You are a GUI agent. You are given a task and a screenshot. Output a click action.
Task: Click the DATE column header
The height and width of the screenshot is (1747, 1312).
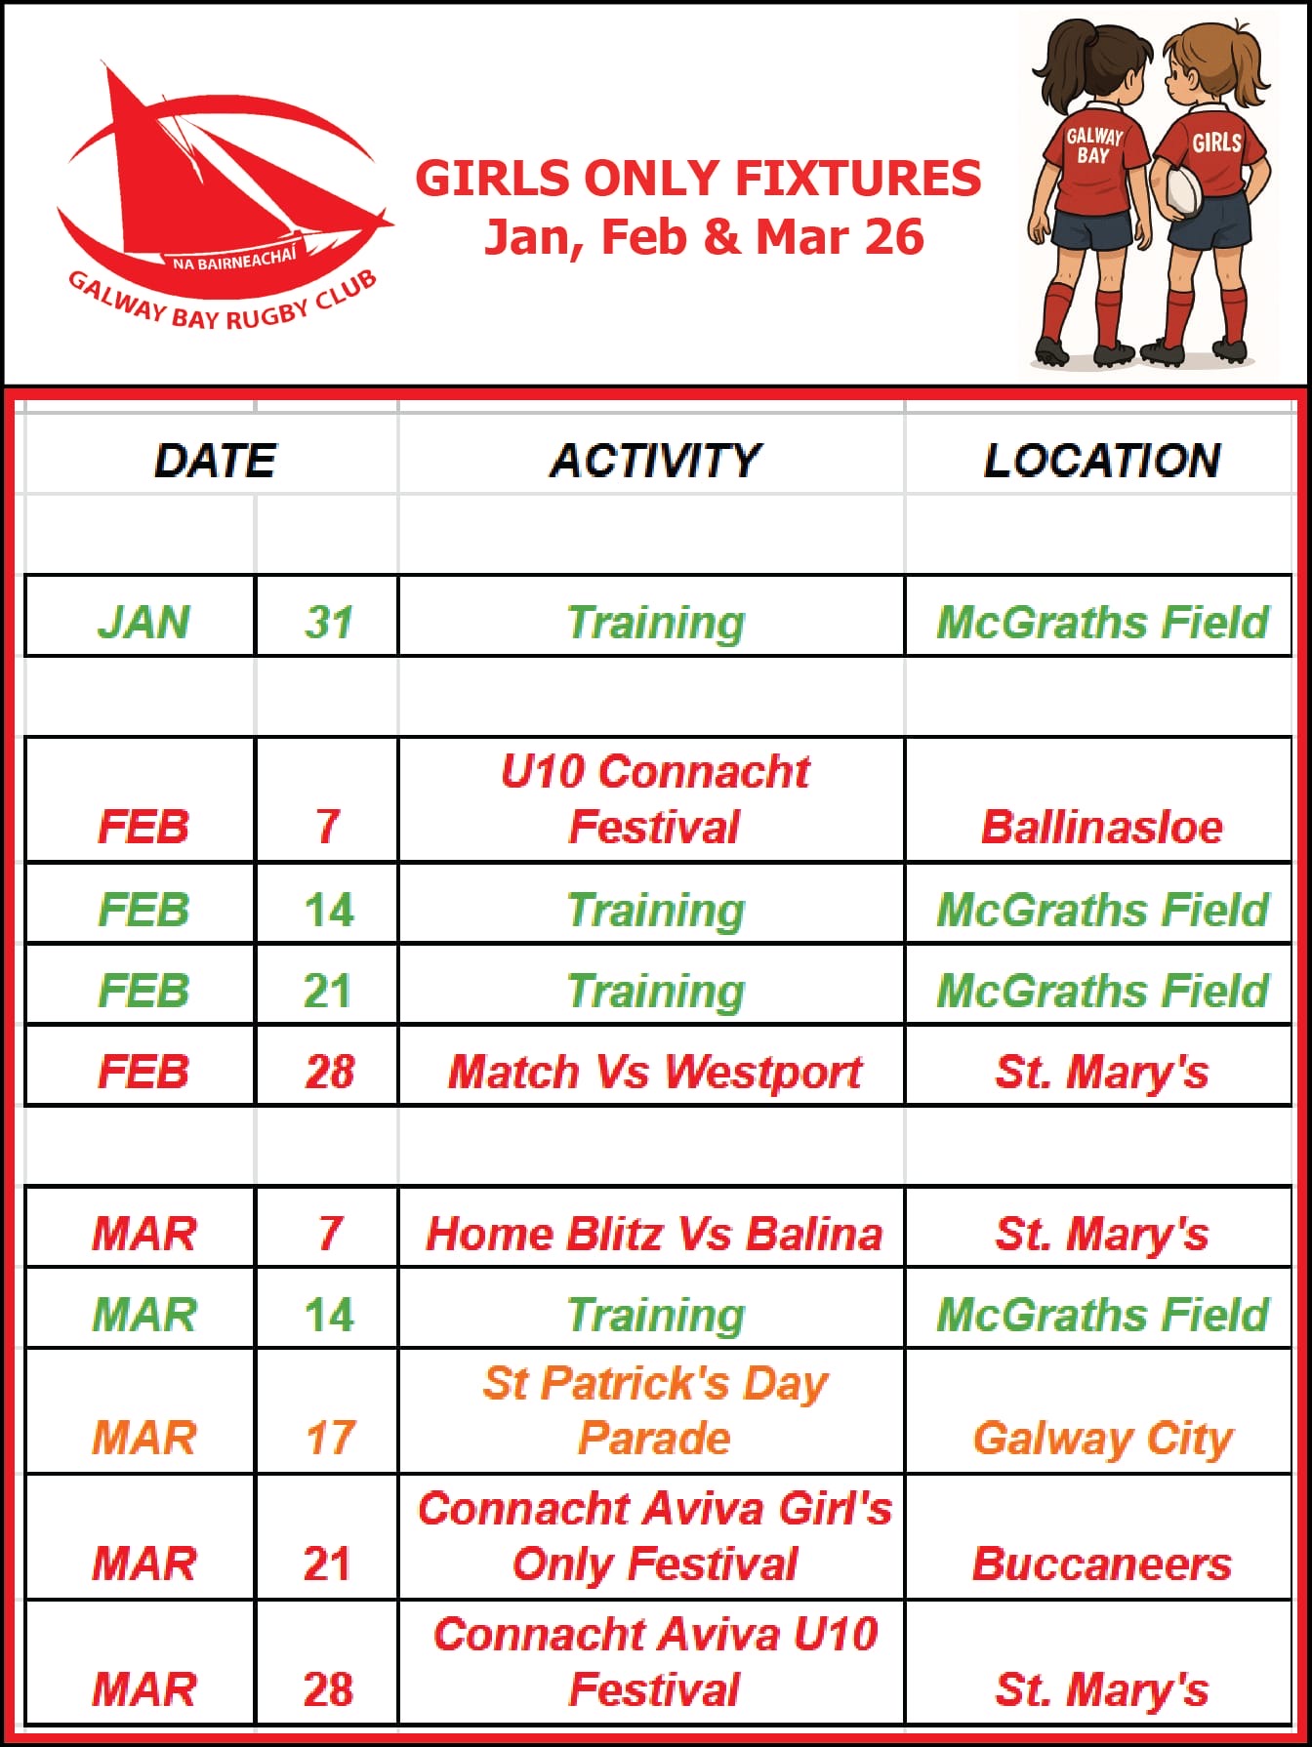click(x=215, y=461)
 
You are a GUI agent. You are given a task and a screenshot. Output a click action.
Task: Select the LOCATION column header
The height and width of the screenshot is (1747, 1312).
click(x=1102, y=461)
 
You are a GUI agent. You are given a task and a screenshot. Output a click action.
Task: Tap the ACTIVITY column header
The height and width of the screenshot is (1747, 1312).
click(x=654, y=461)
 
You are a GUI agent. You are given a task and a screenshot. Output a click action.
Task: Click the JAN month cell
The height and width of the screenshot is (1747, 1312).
click(x=143, y=622)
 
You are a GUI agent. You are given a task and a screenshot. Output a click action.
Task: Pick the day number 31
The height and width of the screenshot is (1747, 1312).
click(x=328, y=622)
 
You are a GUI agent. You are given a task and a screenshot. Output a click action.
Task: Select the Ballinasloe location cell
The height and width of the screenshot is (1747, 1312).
click(x=1102, y=827)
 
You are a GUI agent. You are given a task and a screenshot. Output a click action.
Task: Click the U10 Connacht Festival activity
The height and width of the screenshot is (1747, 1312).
click(x=654, y=798)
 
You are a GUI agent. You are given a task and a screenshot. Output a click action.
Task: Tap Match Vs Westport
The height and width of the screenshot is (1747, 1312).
click(x=654, y=1072)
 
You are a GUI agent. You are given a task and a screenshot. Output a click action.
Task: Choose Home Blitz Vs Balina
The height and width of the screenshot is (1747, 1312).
click(x=654, y=1234)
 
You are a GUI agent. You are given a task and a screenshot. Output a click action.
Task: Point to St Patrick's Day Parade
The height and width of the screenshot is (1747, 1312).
click(x=654, y=1410)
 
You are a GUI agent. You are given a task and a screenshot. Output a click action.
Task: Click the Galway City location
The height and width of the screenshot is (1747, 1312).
click(x=1103, y=1439)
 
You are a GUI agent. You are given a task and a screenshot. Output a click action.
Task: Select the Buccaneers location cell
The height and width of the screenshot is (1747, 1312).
click(x=1102, y=1564)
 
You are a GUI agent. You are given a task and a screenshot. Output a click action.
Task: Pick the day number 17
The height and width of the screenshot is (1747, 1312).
click(x=330, y=1438)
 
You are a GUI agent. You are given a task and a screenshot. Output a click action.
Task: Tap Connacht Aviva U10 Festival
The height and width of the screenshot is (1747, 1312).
click(x=654, y=1661)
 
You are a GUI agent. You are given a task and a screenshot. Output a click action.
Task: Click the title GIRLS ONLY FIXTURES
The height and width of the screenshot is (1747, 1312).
click(x=698, y=179)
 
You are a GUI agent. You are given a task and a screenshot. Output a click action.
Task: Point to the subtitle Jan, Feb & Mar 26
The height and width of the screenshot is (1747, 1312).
click(x=704, y=237)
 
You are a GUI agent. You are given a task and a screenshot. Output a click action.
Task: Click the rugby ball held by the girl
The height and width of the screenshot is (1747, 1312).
click(x=1181, y=190)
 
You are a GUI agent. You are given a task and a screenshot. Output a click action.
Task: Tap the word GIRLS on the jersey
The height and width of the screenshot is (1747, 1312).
click(x=1216, y=142)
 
